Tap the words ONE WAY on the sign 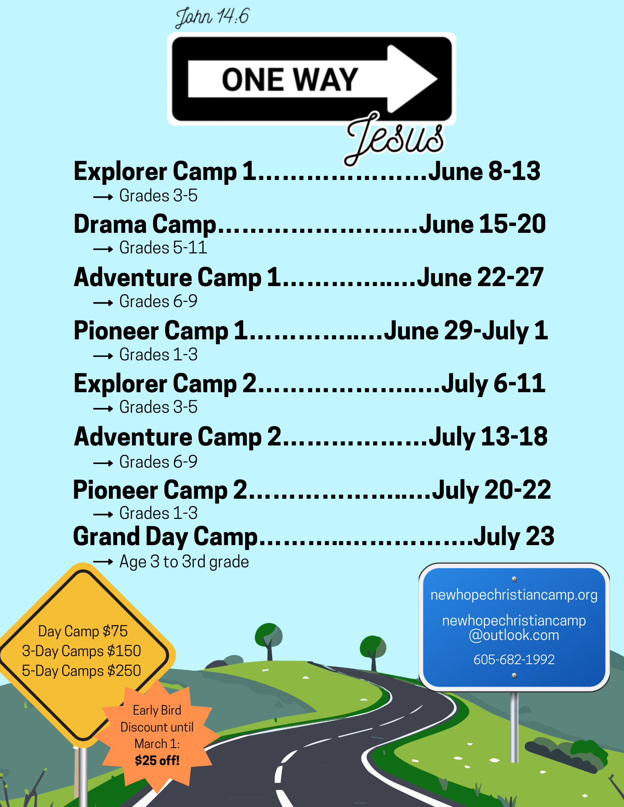pyautogui.click(x=290, y=79)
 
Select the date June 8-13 pyautogui.click(x=484, y=171)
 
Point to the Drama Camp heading pyautogui.click(x=145, y=224)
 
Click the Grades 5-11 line pyautogui.click(x=163, y=248)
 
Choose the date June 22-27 pyautogui.click(x=480, y=278)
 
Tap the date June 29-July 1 pyautogui.click(x=466, y=331)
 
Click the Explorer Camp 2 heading pyautogui.click(x=165, y=383)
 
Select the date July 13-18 pyautogui.click(x=488, y=437)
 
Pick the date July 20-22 pyautogui.click(x=492, y=490)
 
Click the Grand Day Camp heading pyautogui.click(x=165, y=537)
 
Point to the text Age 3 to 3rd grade pyautogui.click(x=184, y=562)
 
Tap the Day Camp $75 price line pyautogui.click(x=83, y=631)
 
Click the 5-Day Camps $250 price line pyautogui.click(x=81, y=671)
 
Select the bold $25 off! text pyautogui.click(x=157, y=761)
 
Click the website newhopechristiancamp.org pyautogui.click(x=514, y=595)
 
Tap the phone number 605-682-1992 pyautogui.click(x=514, y=659)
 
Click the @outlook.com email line pyautogui.click(x=514, y=635)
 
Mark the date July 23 pyautogui.click(x=514, y=537)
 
